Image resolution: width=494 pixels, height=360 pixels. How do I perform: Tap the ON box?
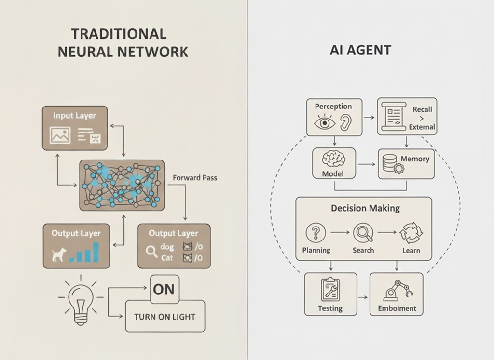point(164,289)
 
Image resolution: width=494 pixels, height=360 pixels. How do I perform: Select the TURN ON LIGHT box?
point(165,316)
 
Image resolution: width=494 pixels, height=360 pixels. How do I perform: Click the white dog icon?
point(58,254)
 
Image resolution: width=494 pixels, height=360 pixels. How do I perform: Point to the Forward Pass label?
point(195,178)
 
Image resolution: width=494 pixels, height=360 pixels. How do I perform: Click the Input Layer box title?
point(74,116)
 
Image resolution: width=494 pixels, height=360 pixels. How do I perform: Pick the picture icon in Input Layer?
point(60,135)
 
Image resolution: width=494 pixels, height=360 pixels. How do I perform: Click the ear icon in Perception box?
point(346,123)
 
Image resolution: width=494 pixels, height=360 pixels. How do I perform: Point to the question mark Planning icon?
point(316,233)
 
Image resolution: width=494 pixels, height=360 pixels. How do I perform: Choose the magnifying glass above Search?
point(363,233)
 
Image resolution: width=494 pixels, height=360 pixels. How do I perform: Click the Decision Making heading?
point(365,208)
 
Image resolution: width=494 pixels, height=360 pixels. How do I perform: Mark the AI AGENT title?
point(360,50)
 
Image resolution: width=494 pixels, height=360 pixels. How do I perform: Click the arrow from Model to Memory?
point(367,164)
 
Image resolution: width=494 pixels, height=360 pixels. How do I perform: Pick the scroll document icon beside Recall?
point(392,116)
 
